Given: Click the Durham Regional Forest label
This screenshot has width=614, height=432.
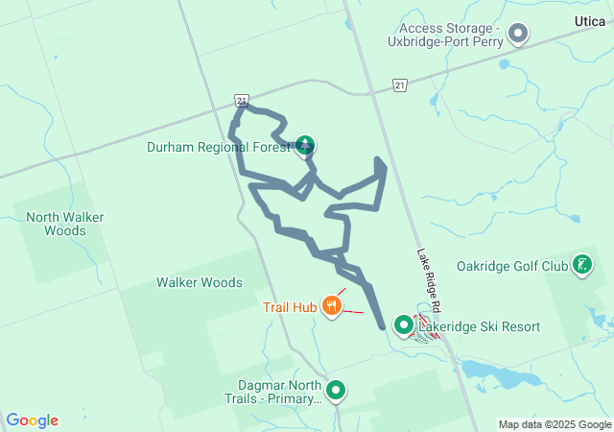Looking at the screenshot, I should coord(218,147).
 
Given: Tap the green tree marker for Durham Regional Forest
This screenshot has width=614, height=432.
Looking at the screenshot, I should coord(305,146).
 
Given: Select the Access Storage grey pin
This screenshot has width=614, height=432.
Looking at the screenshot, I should coord(518,35).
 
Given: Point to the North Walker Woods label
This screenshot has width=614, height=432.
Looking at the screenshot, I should coord(64,224).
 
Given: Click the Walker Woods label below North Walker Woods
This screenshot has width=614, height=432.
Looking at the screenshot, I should coord(200,282).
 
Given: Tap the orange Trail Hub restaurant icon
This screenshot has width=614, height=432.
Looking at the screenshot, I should coord(332,306).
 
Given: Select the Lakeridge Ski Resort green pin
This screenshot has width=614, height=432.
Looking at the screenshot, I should coord(404,325).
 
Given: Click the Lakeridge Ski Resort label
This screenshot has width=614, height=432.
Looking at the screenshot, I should coord(479,326).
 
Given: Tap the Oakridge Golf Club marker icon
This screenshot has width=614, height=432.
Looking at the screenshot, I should coord(581,264).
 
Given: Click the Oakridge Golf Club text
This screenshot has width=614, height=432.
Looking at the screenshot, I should coord(512,265).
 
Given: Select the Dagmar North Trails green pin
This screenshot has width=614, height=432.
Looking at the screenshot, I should coord(336,390).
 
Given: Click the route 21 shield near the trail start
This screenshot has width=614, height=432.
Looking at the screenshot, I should coord(241,99).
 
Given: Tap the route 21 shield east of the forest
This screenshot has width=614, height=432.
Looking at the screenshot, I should coord(399,85).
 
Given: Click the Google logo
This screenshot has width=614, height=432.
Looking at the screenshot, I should coord(32,420).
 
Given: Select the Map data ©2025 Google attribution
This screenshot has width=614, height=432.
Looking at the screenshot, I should coord(554,424).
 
